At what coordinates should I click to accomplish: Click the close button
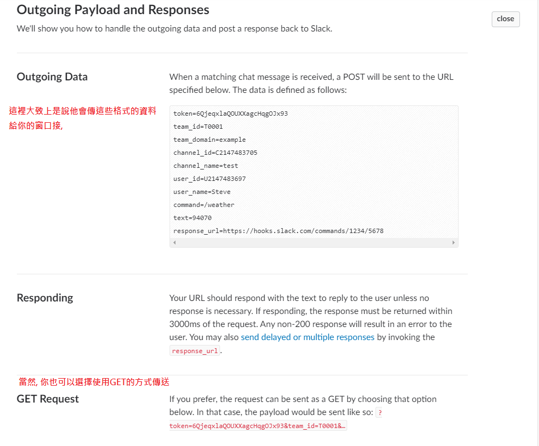point(505,19)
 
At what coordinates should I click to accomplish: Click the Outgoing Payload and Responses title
point(113,10)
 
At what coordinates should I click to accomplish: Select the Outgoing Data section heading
point(52,77)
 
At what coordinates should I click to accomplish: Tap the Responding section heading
point(45,298)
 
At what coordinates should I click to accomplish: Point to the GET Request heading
point(48,399)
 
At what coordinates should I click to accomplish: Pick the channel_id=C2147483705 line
point(215,153)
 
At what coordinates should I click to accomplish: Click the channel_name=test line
point(205,166)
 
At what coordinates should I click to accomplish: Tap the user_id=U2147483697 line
point(209,179)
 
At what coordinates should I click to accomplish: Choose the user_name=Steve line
point(202,192)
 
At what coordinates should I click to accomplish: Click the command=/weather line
point(204,205)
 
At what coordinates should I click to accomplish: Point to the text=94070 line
point(192,218)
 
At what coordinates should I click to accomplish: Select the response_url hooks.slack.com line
point(278,231)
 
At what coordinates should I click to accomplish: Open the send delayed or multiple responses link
point(308,337)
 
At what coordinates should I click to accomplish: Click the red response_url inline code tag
point(195,351)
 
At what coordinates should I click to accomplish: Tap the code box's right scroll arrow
point(454,243)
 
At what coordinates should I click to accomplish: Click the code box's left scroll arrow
point(174,243)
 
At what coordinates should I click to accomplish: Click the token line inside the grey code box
point(230,114)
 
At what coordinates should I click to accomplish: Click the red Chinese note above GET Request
point(98,382)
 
